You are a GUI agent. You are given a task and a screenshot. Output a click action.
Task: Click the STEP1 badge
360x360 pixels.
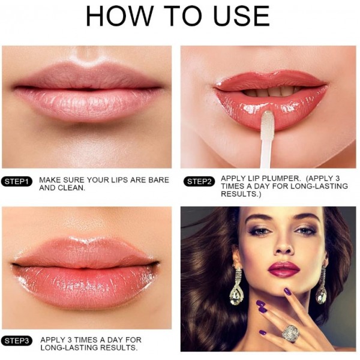click(x=17, y=181)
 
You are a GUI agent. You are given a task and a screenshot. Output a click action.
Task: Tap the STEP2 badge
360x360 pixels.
click(x=199, y=182)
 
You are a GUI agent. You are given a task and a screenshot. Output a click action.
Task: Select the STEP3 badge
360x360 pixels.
click(x=17, y=341)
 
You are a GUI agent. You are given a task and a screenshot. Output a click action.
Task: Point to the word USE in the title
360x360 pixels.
click(x=241, y=16)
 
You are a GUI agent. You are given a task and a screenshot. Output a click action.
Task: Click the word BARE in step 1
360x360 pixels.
click(x=158, y=180)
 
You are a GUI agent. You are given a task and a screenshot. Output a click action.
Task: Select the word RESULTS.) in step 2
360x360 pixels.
click(x=241, y=194)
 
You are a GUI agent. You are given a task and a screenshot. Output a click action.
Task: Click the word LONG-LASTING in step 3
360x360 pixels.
click(x=68, y=347)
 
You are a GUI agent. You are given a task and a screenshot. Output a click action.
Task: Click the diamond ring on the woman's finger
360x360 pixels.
click(x=289, y=334)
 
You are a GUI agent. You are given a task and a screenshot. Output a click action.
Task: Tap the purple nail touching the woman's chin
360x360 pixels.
click(x=287, y=292)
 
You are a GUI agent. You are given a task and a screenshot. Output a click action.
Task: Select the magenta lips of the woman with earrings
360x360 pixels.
click(x=284, y=269)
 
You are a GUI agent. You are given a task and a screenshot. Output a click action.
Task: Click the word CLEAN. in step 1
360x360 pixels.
click(x=71, y=188)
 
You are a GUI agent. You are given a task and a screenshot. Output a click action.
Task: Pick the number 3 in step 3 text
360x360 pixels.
click(x=70, y=340)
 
